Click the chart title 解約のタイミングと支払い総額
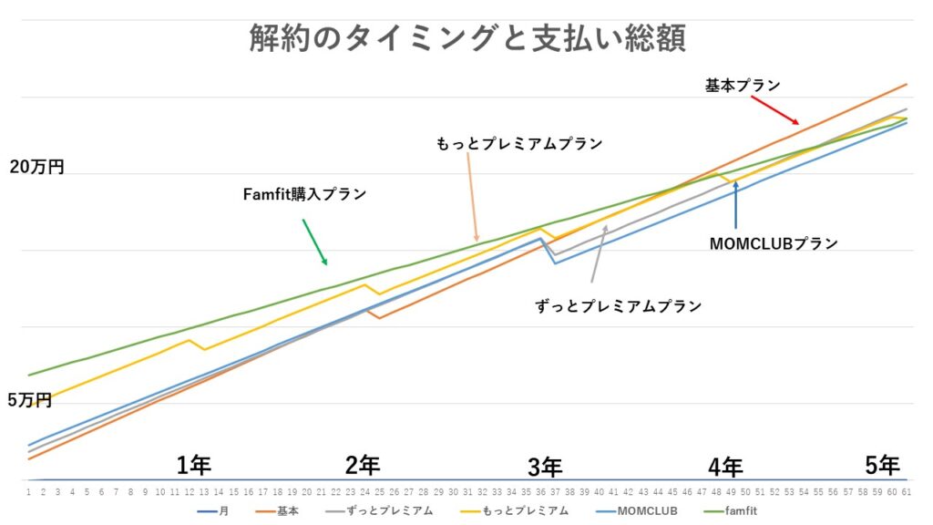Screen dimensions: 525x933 [466, 38]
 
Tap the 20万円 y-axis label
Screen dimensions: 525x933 [36, 168]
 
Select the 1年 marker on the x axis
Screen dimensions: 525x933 [193, 465]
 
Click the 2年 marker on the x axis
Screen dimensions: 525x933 [363, 465]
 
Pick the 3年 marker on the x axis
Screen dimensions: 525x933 [545, 467]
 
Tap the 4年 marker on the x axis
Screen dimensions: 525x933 [725, 467]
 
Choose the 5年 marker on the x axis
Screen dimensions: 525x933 [882, 465]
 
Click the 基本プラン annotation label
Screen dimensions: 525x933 [743, 85]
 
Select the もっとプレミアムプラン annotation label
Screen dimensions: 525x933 [520, 144]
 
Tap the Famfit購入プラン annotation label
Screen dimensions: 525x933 [304, 194]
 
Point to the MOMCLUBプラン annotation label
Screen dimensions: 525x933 [773, 243]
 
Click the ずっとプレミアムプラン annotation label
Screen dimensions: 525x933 [619, 306]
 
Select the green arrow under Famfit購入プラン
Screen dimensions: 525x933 [314, 242]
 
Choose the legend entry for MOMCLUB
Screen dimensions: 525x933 [631, 511]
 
